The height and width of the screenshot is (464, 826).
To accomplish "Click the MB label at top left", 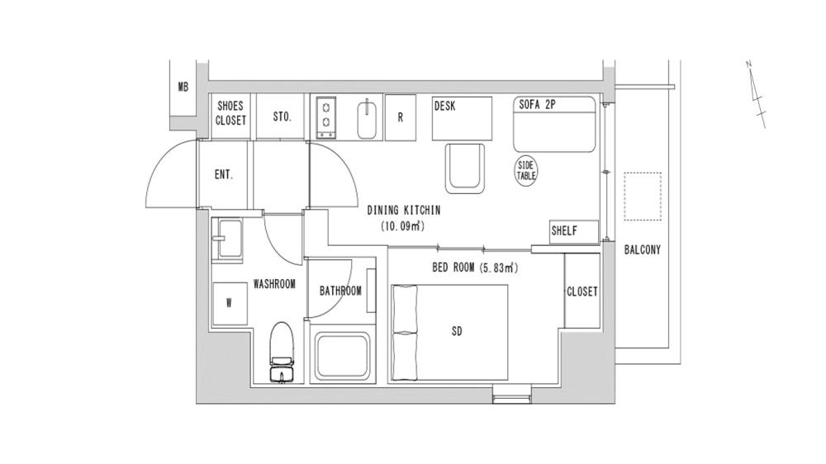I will (183, 87).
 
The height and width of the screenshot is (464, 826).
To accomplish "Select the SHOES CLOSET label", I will (231, 113).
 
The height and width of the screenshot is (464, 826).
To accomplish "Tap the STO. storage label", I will (282, 117).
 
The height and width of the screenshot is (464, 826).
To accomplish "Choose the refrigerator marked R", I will (401, 117).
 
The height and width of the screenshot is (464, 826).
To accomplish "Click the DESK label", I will (445, 106).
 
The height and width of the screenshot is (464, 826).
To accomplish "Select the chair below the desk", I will (466, 168).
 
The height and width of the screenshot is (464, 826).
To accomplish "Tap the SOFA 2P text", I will (538, 106).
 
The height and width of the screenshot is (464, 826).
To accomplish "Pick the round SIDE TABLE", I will (527, 171).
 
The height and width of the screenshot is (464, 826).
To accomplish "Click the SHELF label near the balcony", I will (564, 231).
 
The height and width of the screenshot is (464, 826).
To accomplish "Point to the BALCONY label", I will (643, 250).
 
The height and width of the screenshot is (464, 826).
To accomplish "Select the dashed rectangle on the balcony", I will (643, 196).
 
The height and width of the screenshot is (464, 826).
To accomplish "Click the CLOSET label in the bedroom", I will (582, 292).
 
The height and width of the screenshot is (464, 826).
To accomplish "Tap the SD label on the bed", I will (457, 332).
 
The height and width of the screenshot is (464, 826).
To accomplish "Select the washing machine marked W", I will (229, 302).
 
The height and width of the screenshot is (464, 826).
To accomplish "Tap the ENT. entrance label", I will (223, 175).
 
